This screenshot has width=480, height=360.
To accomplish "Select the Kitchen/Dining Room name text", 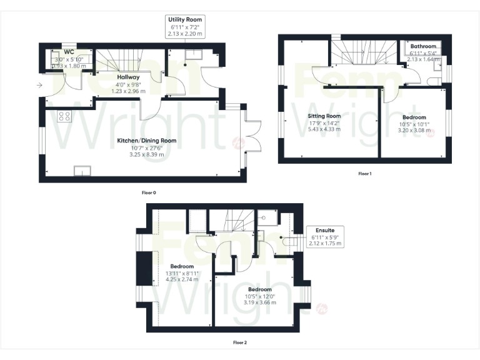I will pyautogui.click(x=147, y=141).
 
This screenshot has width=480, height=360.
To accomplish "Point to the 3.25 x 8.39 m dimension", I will pyautogui.click(x=147, y=154).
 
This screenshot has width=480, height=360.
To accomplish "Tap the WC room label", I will pyautogui.click(x=68, y=52).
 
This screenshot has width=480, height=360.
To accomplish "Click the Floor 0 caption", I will pyautogui.click(x=149, y=192).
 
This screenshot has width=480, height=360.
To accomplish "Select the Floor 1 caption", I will pyautogui.click(x=364, y=173).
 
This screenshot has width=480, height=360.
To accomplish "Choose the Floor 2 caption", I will pyautogui.click(x=240, y=342).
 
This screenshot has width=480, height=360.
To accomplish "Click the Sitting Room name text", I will pyautogui.click(x=324, y=116).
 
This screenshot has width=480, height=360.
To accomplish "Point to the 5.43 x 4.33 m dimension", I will pyautogui.click(x=324, y=129).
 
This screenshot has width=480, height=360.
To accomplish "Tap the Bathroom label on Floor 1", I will pyautogui.click(x=423, y=46).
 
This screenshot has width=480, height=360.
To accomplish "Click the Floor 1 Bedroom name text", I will pyautogui.click(x=414, y=117).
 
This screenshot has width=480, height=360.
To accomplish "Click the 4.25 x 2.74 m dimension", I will pyautogui.click(x=182, y=280).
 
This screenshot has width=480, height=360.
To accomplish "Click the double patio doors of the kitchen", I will pyautogui.click(x=252, y=134).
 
